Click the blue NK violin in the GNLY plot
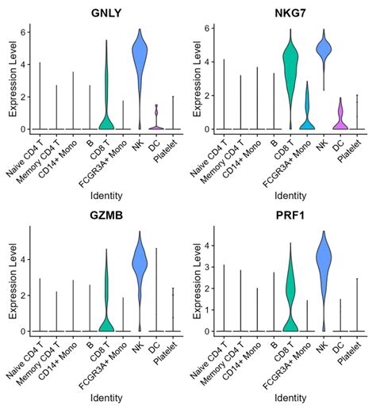pos(140,71)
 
